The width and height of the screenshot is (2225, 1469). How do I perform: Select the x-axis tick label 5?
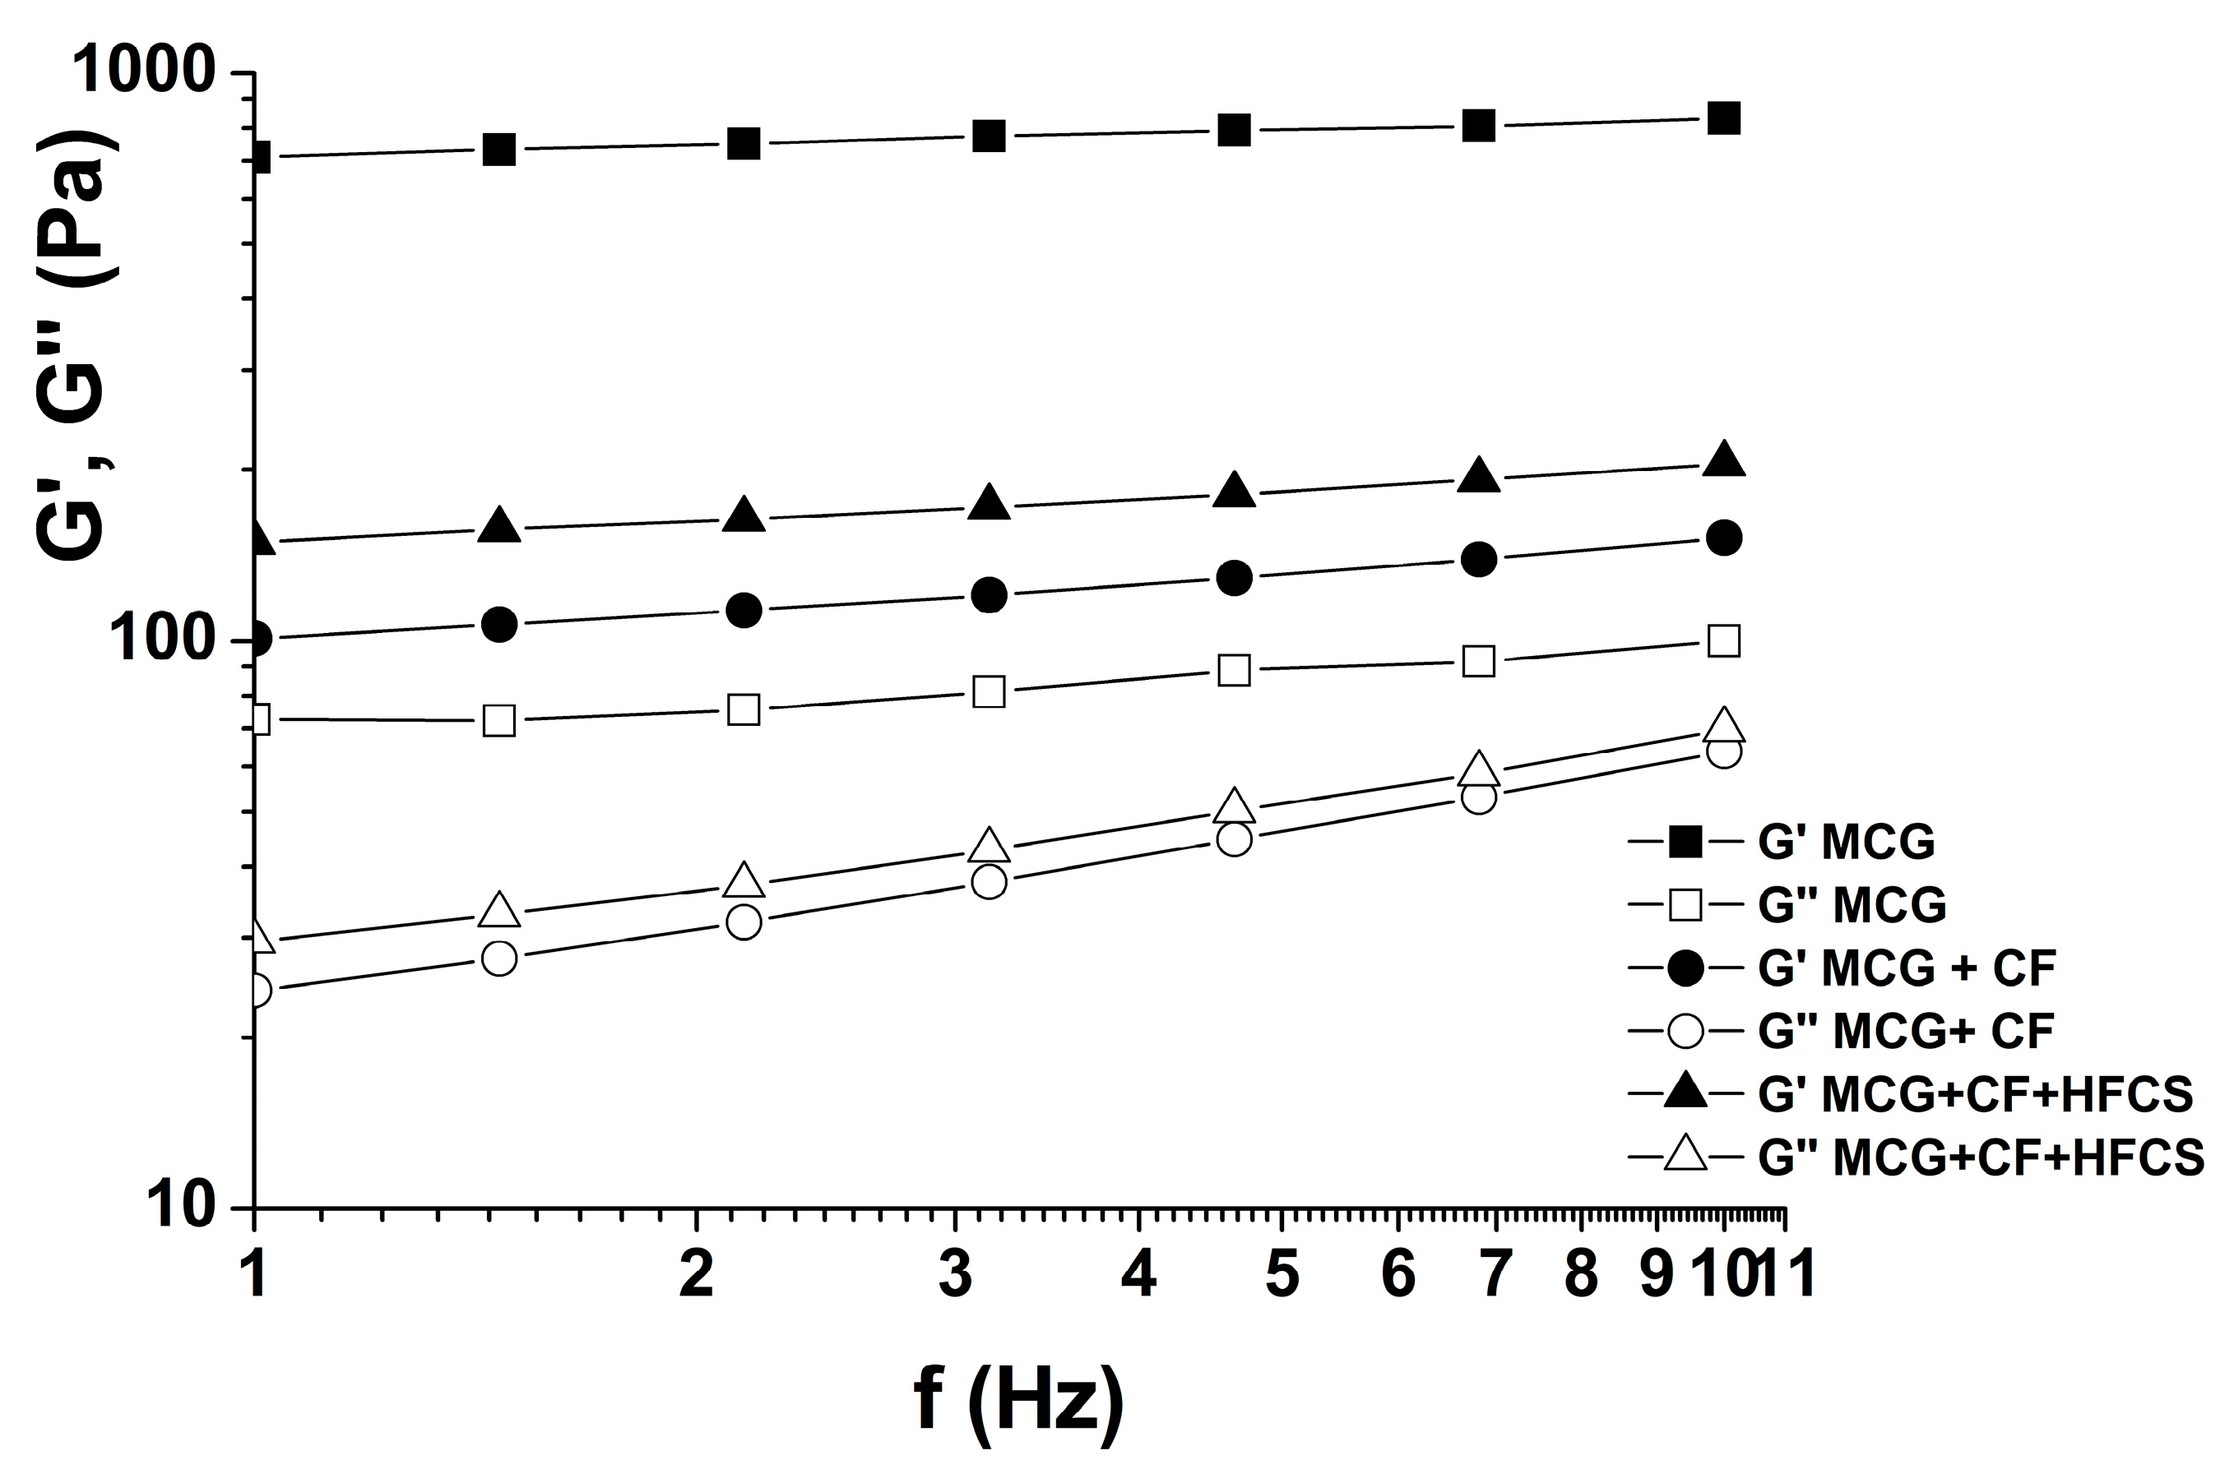pos(1282,1275)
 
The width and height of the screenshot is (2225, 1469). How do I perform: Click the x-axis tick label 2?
pos(697,1275)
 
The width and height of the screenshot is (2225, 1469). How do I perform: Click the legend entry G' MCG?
pos(1847,841)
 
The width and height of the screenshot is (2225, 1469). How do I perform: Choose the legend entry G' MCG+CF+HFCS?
pos(1975,1093)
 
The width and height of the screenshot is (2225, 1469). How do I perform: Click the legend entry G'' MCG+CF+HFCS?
pos(1981,1157)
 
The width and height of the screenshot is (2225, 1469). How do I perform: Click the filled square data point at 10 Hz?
pos(1723,119)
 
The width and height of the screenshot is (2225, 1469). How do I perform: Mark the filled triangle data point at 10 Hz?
pos(1723,461)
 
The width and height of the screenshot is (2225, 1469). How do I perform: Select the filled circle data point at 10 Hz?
pos(1723,538)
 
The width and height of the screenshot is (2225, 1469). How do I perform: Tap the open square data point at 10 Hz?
pos(1723,642)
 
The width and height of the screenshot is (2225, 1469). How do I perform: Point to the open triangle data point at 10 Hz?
pos(1723,723)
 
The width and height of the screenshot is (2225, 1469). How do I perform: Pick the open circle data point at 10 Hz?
pos(1723,751)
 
